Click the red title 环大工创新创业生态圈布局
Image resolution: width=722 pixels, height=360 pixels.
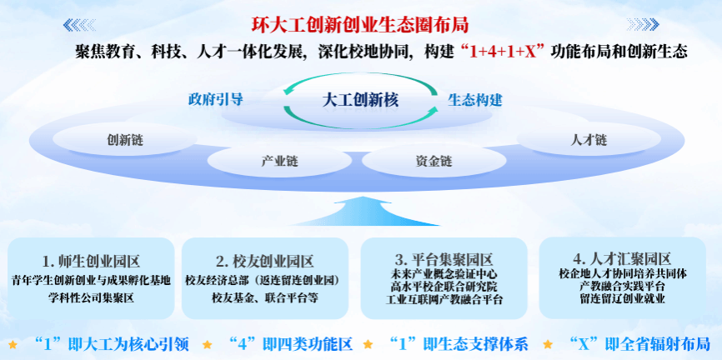(x=360, y=25)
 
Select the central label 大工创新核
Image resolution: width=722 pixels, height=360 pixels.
(x=360, y=100)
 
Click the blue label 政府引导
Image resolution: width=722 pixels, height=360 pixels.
(x=215, y=99)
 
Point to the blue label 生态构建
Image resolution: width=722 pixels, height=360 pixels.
(x=474, y=100)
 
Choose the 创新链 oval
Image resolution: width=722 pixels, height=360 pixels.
(x=125, y=139)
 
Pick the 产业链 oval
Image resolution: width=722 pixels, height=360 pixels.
(x=279, y=161)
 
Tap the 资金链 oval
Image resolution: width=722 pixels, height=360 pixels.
(x=434, y=161)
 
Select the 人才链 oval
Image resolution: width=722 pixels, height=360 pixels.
(x=589, y=139)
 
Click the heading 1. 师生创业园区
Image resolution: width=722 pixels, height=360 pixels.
(x=91, y=262)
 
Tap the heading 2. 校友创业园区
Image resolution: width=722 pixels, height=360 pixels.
(x=265, y=262)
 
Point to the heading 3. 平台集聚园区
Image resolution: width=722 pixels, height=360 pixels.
(x=444, y=259)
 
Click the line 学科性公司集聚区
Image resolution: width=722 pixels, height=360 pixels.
(x=91, y=297)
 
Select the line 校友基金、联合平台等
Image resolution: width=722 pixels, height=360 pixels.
(x=265, y=297)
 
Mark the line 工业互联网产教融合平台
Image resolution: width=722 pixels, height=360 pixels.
(x=444, y=299)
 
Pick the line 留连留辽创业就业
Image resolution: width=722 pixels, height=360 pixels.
(x=623, y=298)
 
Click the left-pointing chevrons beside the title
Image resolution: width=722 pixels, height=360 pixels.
(x=79, y=25)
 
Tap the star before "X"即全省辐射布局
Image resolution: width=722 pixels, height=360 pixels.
(x=548, y=344)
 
